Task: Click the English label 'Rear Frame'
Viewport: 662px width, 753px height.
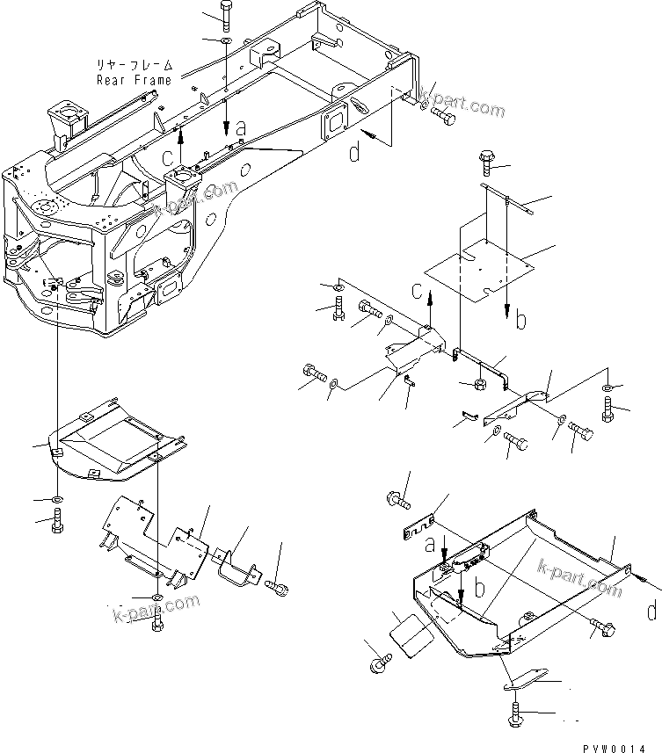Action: click(x=135, y=80)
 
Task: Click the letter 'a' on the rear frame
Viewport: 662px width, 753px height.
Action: click(x=241, y=129)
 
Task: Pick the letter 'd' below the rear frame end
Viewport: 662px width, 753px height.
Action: click(x=353, y=153)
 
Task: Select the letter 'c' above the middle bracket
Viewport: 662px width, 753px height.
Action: click(x=418, y=292)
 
